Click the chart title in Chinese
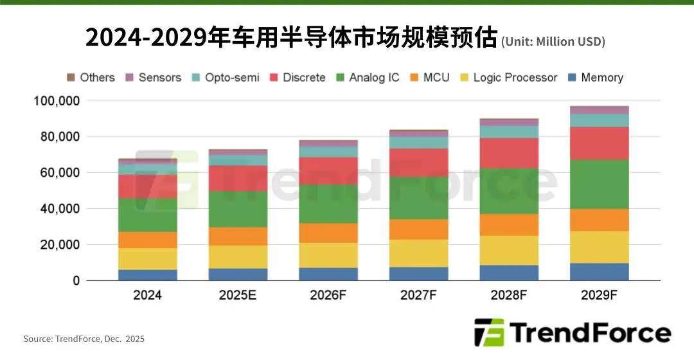point(292,39)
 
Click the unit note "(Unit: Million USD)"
point(553,42)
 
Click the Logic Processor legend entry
point(508,78)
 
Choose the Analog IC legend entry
point(368,78)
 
